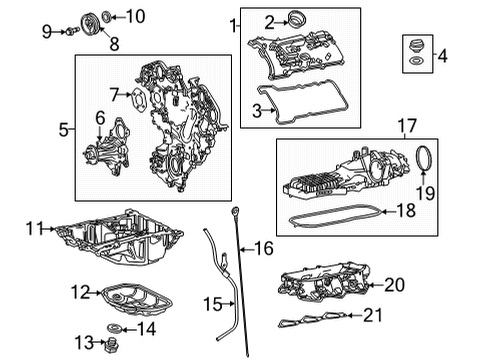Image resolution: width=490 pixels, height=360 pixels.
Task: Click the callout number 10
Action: click(135, 16)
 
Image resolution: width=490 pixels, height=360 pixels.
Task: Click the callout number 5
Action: click(64, 129)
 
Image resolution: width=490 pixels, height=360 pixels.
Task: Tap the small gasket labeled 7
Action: click(135, 95)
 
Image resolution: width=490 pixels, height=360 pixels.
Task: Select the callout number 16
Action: click(263, 247)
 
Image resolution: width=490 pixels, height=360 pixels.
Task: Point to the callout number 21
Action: click(371, 317)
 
